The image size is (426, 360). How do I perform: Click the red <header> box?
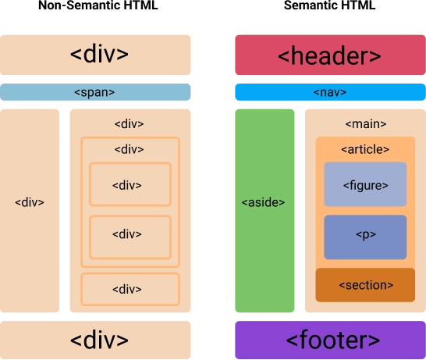coord(328,55)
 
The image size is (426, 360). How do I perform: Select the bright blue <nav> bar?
coord(328,92)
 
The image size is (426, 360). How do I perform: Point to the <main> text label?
coord(365,124)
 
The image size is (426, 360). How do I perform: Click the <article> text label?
coord(365,149)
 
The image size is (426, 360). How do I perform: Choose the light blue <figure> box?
coord(365,185)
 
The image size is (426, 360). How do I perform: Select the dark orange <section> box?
coord(365,285)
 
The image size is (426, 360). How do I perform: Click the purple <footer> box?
coord(328,340)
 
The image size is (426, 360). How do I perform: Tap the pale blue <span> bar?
coord(96,92)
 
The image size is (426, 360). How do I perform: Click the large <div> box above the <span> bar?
coord(96,55)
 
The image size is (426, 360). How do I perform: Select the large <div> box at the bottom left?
coord(96,340)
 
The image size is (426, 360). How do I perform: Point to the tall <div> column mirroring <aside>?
coord(30,202)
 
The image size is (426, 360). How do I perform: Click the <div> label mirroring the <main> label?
coord(130,124)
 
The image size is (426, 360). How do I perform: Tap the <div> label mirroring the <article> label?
coord(130,149)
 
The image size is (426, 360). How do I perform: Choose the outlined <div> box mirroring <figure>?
coord(130,185)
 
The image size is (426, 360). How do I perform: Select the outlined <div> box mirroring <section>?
coord(130,289)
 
